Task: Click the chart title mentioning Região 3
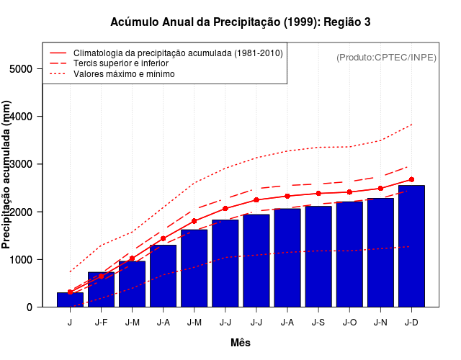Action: click(x=241, y=22)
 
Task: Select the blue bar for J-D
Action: click(x=411, y=246)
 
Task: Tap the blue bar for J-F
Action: click(x=101, y=289)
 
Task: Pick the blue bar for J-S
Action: click(x=318, y=256)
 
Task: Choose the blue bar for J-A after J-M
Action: click(x=163, y=276)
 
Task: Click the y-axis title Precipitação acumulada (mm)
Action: click(x=7, y=174)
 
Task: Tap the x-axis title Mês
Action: click(x=241, y=343)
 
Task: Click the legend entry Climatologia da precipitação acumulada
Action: click(x=178, y=53)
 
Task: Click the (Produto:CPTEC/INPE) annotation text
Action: click(x=387, y=57)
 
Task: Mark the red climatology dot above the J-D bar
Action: click(x=411, y=179)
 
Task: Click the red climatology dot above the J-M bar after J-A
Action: click(x=194, y=221)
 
